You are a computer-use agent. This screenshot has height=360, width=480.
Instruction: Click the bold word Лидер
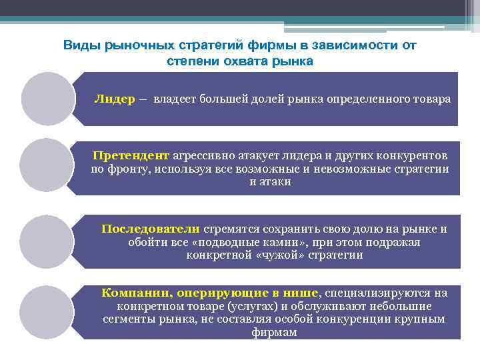click(x=115, y=99)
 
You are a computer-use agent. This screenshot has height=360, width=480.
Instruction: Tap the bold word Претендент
click(x=131, y=155)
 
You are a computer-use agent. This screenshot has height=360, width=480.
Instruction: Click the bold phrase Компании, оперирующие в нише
click(x=210, y=293)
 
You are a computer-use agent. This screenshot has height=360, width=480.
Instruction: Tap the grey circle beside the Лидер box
click(x=47, y=99)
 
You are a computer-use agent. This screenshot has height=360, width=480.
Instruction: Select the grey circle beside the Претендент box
click(x=46, y=165)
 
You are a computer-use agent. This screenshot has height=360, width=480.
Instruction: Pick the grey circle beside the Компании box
click(x=46, y=311)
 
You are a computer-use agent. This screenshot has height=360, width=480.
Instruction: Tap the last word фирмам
click(x=274, y=332)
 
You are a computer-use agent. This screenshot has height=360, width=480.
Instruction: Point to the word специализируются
click(x=377, y=293)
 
